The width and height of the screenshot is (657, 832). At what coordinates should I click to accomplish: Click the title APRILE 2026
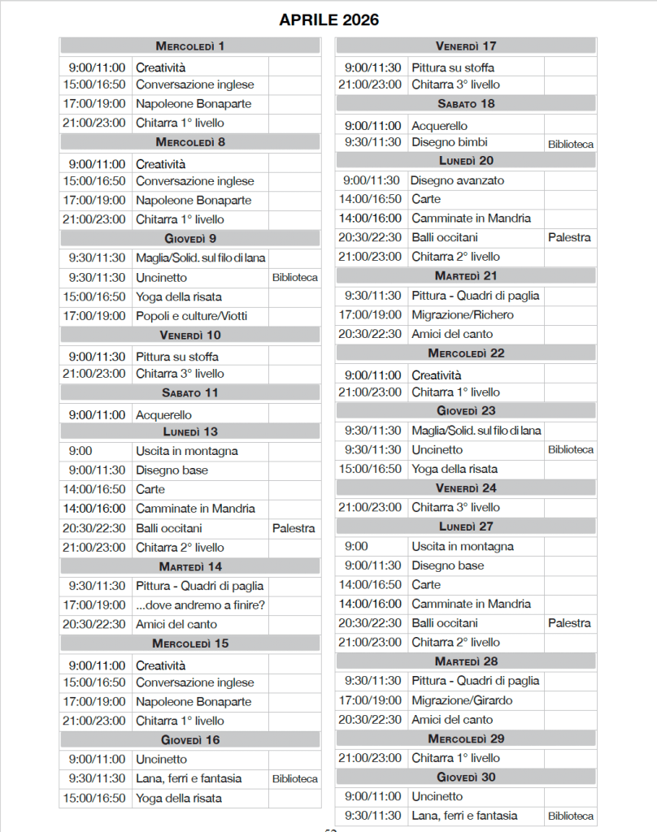coord(328,20)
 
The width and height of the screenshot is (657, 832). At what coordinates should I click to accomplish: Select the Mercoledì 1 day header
coord(190,46)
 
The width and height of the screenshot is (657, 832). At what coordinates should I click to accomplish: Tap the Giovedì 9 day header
coord(190,238)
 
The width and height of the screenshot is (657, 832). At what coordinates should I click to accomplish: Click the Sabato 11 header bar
coord(190,393)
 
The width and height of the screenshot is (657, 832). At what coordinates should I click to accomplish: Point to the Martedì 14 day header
coord(190,566)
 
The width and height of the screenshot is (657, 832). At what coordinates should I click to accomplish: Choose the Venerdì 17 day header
coord(466,46)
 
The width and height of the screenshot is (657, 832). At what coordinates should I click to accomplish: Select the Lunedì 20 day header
coord(466,161)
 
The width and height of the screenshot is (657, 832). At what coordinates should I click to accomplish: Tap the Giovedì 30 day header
coord(466,778)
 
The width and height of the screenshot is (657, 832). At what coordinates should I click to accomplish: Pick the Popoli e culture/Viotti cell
coord(191,316)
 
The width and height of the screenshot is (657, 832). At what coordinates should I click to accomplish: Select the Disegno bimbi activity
coord(450,142)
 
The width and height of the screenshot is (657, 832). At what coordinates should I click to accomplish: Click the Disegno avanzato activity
coord(457,180)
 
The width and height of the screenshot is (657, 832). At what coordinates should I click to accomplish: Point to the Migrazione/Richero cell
coord(463,314)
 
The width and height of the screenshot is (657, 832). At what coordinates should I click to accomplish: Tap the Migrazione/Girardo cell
coord(462,700)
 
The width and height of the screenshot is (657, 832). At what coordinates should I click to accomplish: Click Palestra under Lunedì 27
coord(569,623)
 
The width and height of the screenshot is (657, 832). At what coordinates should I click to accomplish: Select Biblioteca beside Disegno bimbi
coord(570,144)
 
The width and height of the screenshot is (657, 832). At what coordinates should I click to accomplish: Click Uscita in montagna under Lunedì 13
coord(186,451)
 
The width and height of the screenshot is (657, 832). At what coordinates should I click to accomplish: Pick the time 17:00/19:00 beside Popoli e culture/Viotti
coord(96,316)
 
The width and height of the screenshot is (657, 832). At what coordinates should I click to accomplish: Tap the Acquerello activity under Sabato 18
coord(439,126)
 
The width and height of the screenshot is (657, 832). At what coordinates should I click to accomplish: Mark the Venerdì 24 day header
coord(466,488)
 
